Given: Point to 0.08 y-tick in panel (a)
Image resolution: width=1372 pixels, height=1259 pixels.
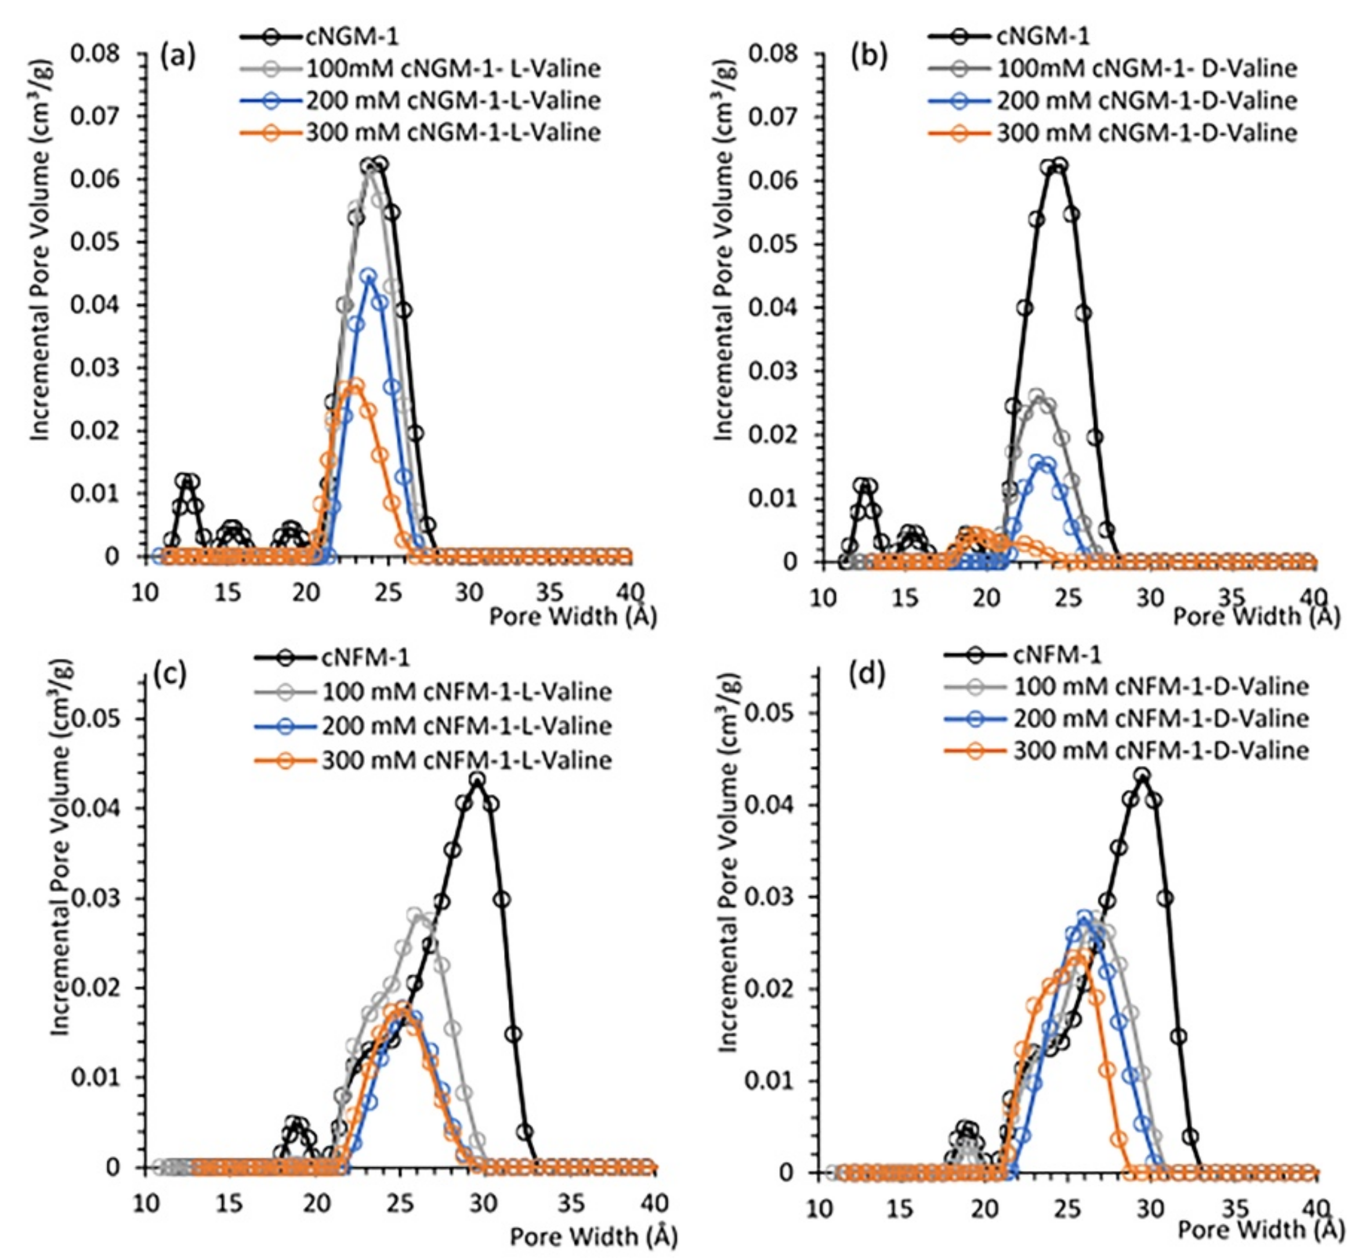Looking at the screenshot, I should (95, 54).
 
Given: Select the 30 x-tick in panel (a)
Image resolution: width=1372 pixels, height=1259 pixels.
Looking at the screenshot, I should (470, 593).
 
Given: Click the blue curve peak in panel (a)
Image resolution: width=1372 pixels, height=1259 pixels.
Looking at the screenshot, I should (368, 276).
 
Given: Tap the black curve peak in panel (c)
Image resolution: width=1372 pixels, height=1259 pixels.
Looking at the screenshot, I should (477, 779).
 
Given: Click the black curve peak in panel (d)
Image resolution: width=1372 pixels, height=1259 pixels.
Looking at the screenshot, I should (1142, 775).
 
